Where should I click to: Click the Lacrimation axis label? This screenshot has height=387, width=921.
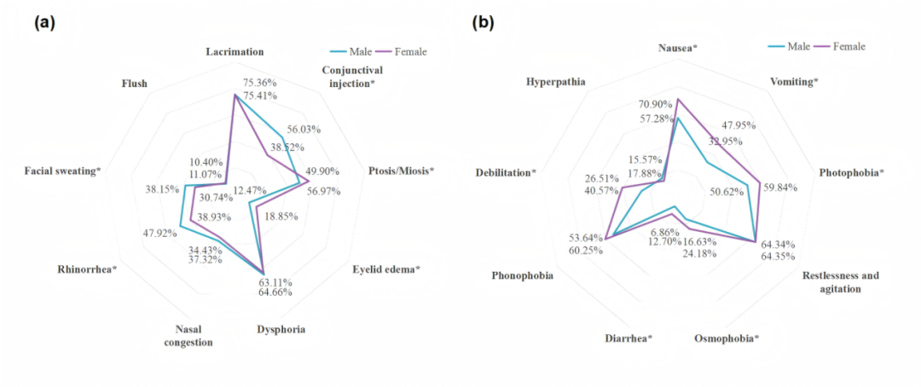235,52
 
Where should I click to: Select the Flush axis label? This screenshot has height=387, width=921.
135,84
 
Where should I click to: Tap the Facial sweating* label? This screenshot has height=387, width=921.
62,170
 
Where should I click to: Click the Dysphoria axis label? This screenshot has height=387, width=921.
281,329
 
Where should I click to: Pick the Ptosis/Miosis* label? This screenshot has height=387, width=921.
401,170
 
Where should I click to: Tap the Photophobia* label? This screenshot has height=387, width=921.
851,172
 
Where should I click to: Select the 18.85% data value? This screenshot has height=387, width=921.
281,217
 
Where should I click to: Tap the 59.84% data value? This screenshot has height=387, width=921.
780,188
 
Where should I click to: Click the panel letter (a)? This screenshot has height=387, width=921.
44,23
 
